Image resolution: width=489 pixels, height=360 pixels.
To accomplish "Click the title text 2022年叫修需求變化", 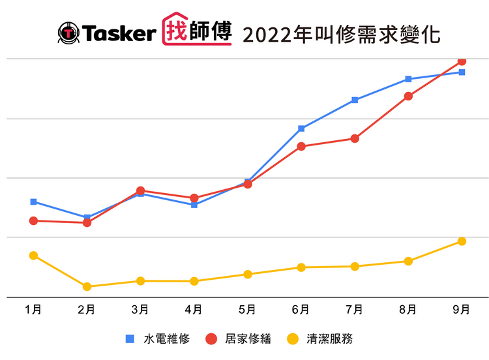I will click(x=341, y=33).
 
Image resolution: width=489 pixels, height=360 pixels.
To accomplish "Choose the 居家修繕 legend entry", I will click(x=239, y=338).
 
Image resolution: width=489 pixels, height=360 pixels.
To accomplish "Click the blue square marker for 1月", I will click(x=33, y=202).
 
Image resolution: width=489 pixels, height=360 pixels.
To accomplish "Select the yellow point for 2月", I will click(x=87, y=286).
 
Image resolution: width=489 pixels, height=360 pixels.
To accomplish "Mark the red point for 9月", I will click(x=462, y=61).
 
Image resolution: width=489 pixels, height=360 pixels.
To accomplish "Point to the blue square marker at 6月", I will click(x=301, y=128).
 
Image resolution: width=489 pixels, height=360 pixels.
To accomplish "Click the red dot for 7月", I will click(x=355, y=138).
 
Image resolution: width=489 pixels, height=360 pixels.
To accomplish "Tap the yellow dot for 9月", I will click(x=462, y=241).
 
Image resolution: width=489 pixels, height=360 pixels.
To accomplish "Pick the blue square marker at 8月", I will click(x=408, y=79).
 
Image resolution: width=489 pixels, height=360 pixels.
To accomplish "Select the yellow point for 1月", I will click(x=33, y=256).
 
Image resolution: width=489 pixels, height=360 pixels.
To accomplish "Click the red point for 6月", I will click(x=301, y=146).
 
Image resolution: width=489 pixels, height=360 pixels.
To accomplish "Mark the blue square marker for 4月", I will click(x=194, y=205).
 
